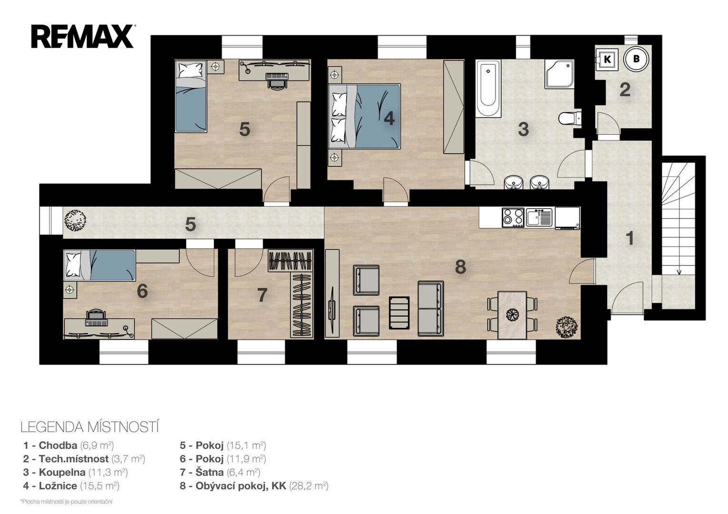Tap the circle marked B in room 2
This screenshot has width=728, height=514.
tap(636, 59)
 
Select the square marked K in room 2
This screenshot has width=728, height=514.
tap(607, 59)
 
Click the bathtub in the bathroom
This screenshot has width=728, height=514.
tap(488, 88)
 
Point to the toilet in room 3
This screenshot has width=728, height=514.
tap(570, 118)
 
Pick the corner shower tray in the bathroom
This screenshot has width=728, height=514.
tap(559, 74)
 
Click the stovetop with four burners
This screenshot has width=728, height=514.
tap(513, 217)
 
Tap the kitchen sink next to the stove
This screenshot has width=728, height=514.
tap(539, 217)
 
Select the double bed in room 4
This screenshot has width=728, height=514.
tap(364, 116)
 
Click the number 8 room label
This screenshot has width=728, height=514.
tap(460, 267)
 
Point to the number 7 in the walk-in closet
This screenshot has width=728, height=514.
tap(262, 295)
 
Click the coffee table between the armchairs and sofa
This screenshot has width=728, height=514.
tap(399, 313)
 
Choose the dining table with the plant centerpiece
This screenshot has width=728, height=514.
tap(512, 315)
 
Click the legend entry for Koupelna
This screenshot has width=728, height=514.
tap(75, 472)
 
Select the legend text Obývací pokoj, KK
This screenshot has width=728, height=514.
tap(240, 486)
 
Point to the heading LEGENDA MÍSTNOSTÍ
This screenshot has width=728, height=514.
tap(90, 427)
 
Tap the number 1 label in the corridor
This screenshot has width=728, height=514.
tap(630, 238)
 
